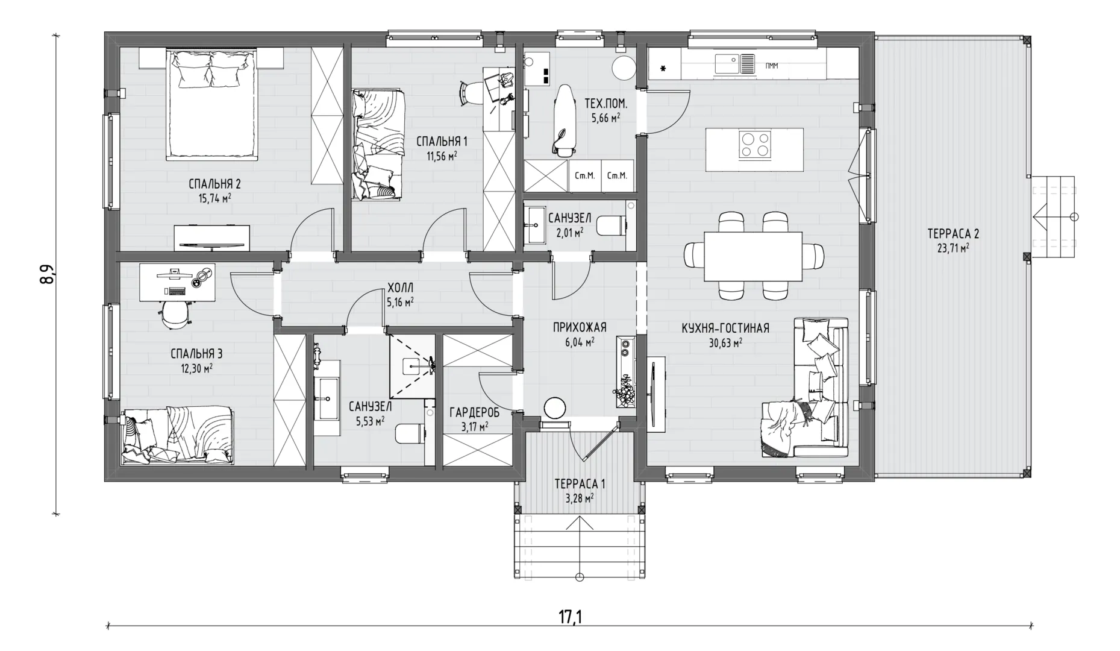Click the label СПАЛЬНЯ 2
pyautogui.click(x=214, y=184)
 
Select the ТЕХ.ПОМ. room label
pyautogui.click(x=605, y=104)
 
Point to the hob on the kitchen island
pyautogui.click(x=755, y=144)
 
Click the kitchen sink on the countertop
pyautogui.click(x=734, y=63)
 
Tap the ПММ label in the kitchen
pyautogui.click(x=772, y=66)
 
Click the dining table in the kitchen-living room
pyautogui.click(x=753, y=256)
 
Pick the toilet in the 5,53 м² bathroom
pyautogui.click(x=410, y=433)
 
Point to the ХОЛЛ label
pyautogui.click(x=401, y=288)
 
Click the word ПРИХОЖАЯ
pyautogui.click(x=580, y=327)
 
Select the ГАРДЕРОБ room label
pyautogui.click(x=474, y=413)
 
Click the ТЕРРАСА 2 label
pyautogui.click(x=953, y=233)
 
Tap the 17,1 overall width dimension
pyautogui.click(x=570, y=617)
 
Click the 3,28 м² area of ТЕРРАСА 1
pyautogui.click(x=579, y=498)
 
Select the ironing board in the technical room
pyautogui.click(x=564, y=120)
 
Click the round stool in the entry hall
pyautogui.click(x=554, y=407)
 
